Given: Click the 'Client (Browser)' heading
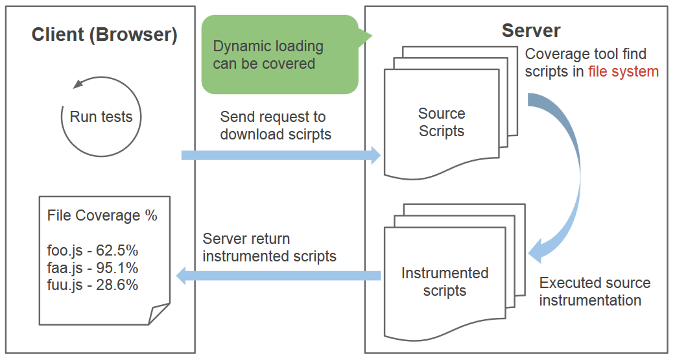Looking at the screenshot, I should click(x=104, y=34).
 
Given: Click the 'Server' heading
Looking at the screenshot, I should click(x=530, y=30).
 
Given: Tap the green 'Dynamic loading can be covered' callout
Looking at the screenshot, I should click(x=279, y=55).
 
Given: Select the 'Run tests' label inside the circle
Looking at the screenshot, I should click(x=101, y=117).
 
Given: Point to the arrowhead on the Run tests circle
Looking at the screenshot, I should click(x=78, y=84).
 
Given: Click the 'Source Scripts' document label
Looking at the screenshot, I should click(x=442, y=122).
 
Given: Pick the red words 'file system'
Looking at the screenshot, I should click(x=623, y=71).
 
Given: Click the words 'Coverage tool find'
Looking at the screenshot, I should click(x=586, y=54).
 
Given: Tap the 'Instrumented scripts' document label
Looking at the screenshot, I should click(x=444, y=282).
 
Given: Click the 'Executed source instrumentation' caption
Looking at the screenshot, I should click(x=594, y=291).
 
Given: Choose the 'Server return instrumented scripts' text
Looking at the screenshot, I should click(x=269, y=247).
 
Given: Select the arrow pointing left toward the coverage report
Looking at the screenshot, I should click(x=279, y=276).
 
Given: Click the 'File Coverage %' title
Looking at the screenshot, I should click(x=102, y=215).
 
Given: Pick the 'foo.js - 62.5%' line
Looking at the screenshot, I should click(x=93, y=250).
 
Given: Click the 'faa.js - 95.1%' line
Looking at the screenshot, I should click(x=93, y=267).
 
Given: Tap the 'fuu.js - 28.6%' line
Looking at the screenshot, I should click(x=93, y=284).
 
